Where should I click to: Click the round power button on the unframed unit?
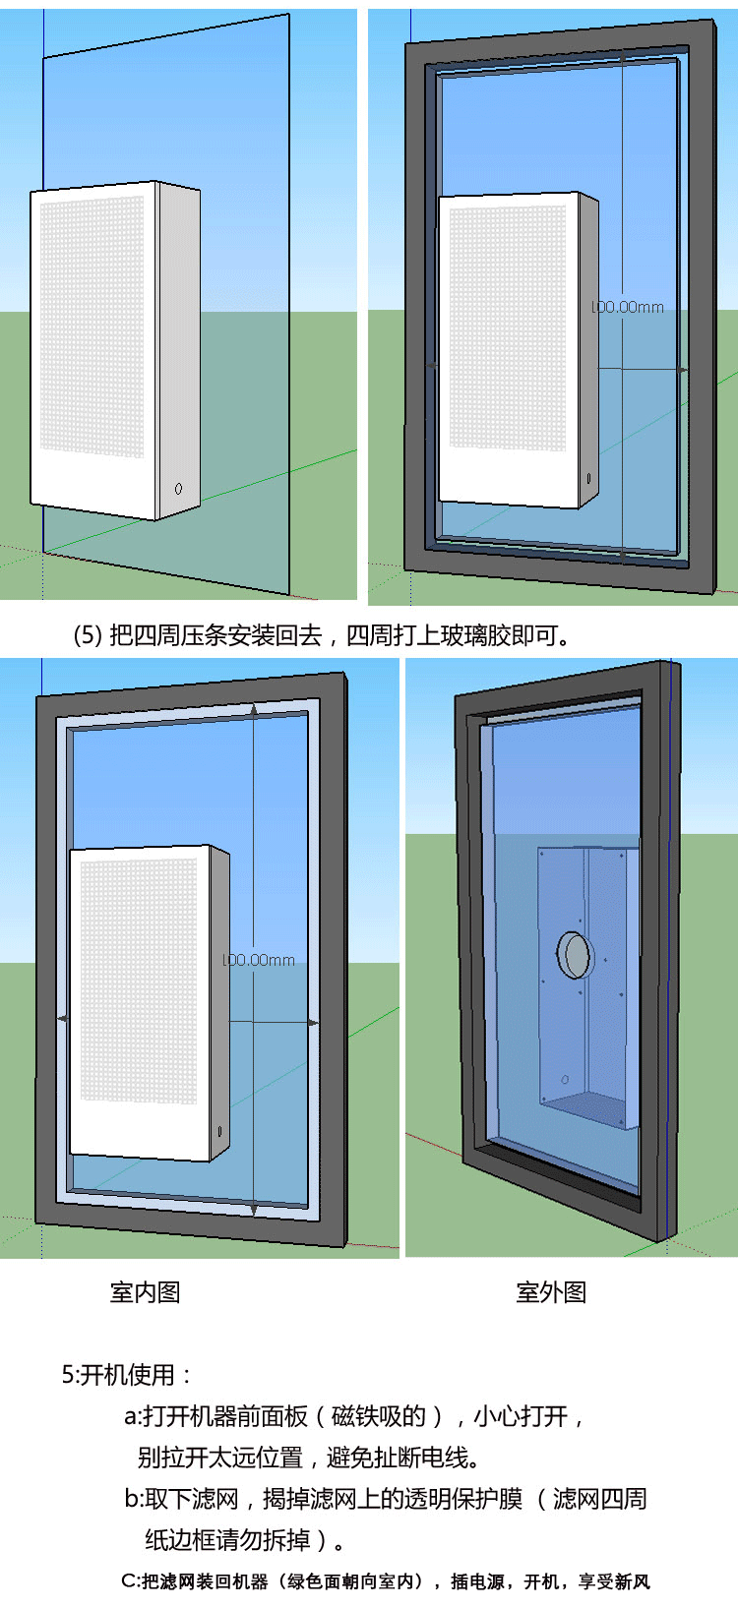(178, 488)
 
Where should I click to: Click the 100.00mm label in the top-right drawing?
(628, 307)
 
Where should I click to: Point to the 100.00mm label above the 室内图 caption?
(259, 960)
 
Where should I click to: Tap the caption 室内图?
(146, 1292)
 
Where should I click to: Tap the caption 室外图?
(551, 1292)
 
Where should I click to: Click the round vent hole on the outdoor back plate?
(574, 954)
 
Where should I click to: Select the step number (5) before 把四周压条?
(88, 635)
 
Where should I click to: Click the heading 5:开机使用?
(126, 1375)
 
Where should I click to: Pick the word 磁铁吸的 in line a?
(379, 1416)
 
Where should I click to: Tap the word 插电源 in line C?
(477, 1581)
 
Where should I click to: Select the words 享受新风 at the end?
(614, 1581)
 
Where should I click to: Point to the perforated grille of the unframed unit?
(92, 325)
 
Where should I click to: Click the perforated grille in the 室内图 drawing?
(138, 979)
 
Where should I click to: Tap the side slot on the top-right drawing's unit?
(588, 478)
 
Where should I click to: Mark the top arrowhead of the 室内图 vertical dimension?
(255, 709)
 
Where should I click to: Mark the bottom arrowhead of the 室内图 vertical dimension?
(254, 1208)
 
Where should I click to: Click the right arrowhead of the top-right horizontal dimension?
(683, 370)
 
